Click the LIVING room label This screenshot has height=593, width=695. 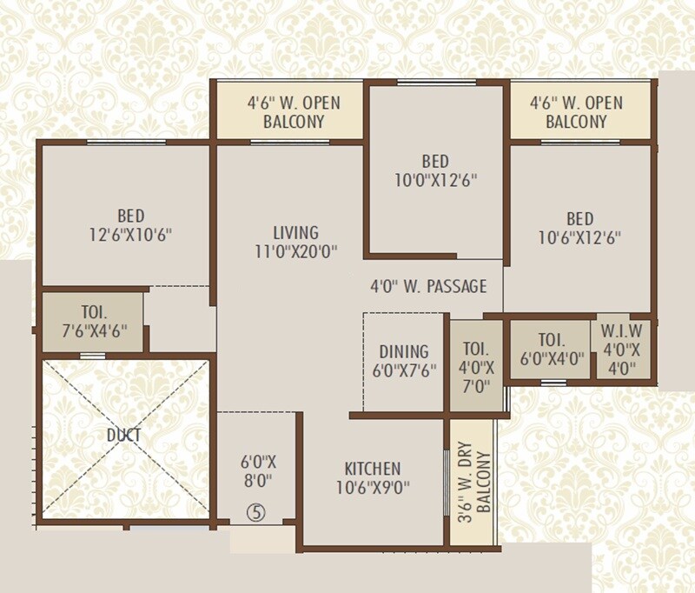(295, 233)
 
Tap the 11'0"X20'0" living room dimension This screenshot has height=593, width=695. (295, 252)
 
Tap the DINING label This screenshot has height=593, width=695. (404, 352)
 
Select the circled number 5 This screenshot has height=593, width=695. (255, 512)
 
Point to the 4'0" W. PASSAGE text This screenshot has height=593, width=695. (428, 286)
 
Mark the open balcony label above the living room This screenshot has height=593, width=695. (294, 112)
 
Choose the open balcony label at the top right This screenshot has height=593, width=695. (576, 112)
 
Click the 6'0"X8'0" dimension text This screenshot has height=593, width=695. (257, 470)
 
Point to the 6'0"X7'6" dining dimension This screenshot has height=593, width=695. (404, 370)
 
